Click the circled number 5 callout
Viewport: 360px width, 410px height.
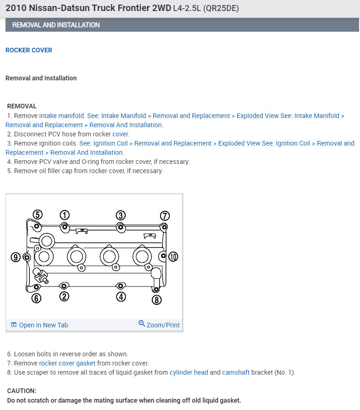tap(38, 214)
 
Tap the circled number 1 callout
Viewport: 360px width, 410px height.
tap(65, 215)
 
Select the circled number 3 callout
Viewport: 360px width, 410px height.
tap(120, 215)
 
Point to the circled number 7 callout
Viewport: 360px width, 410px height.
tap(165, 215)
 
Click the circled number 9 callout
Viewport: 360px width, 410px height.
tap(16, 257)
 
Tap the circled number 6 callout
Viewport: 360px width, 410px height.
tap(37, 298)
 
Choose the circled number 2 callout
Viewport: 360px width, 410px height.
tap(65, 297)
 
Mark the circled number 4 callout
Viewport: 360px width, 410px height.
tap(121, 297)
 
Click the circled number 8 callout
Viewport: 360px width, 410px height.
tap(157, 300)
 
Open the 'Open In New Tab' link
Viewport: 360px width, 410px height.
tap(43, 325)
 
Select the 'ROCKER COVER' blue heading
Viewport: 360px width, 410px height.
tap(29, 50)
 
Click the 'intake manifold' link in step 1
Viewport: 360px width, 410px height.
tap(62, 116)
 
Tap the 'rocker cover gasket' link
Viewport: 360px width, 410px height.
tap(67, 363)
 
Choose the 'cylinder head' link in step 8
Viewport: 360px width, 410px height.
tap(188, 372)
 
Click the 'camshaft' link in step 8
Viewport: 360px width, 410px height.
tap(236, 372)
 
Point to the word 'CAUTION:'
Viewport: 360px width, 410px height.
tap(22, 391)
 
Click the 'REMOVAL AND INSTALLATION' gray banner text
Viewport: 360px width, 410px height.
tap(56, 25)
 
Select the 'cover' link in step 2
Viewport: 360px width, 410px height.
tap(121, 134)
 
